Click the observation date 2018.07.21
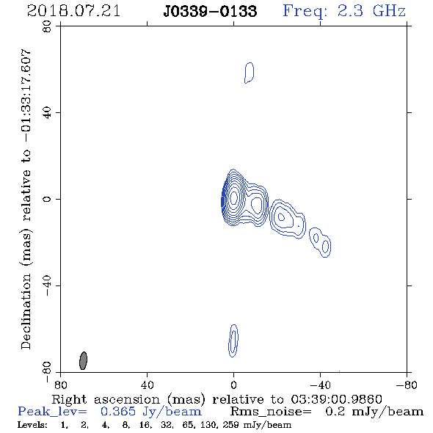[73, 11]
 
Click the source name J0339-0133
[210, 12]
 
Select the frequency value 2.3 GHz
[371, 11]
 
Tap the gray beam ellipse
[83, 360]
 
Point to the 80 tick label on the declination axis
[48, 26]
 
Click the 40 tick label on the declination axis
[48, 113]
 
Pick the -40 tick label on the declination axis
[48, 285]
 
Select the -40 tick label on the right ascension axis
[321, 385]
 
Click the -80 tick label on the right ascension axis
[407, 385]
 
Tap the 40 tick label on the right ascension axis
[148, 385]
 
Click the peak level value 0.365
[118, 412]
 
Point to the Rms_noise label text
[271, 412]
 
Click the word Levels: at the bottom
[32, 424]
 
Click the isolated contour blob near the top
[249, 73]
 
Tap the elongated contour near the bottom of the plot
[233, 341]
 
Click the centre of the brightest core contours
[233, 197]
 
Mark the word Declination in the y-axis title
[26, 311]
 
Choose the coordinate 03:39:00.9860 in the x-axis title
[337, 399]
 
